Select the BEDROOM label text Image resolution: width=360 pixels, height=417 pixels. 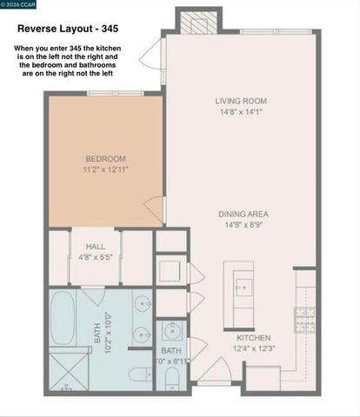click(x=105, y=158)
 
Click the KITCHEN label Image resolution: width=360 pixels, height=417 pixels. click(x=254, y=338)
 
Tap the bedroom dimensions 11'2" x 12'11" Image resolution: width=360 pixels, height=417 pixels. click(x=105, y=170)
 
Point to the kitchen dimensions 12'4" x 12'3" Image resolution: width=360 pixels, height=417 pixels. click(x=254, y=349)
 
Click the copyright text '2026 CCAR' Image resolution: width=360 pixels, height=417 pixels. click(x=20, y=6)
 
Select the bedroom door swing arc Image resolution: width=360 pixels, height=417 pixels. click(x=156, y=209)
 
